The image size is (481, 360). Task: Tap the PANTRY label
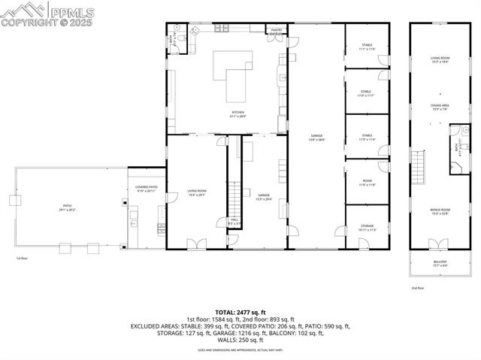point(277,31)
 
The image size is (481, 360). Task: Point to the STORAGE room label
point(367,226)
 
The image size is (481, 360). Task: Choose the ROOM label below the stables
point(367,182)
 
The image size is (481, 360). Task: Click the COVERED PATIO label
point(146,189)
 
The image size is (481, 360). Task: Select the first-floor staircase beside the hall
point(234,200)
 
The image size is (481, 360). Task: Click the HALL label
point(234,222)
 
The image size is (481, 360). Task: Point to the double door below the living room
point(196,244)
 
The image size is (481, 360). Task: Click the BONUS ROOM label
point(440,211)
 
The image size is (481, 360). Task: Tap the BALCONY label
point(440,263)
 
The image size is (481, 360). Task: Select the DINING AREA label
point(440,107)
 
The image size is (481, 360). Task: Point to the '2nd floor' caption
point(418,288)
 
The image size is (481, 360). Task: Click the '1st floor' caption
point(23,258)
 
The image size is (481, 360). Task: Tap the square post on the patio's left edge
point(14,200)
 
